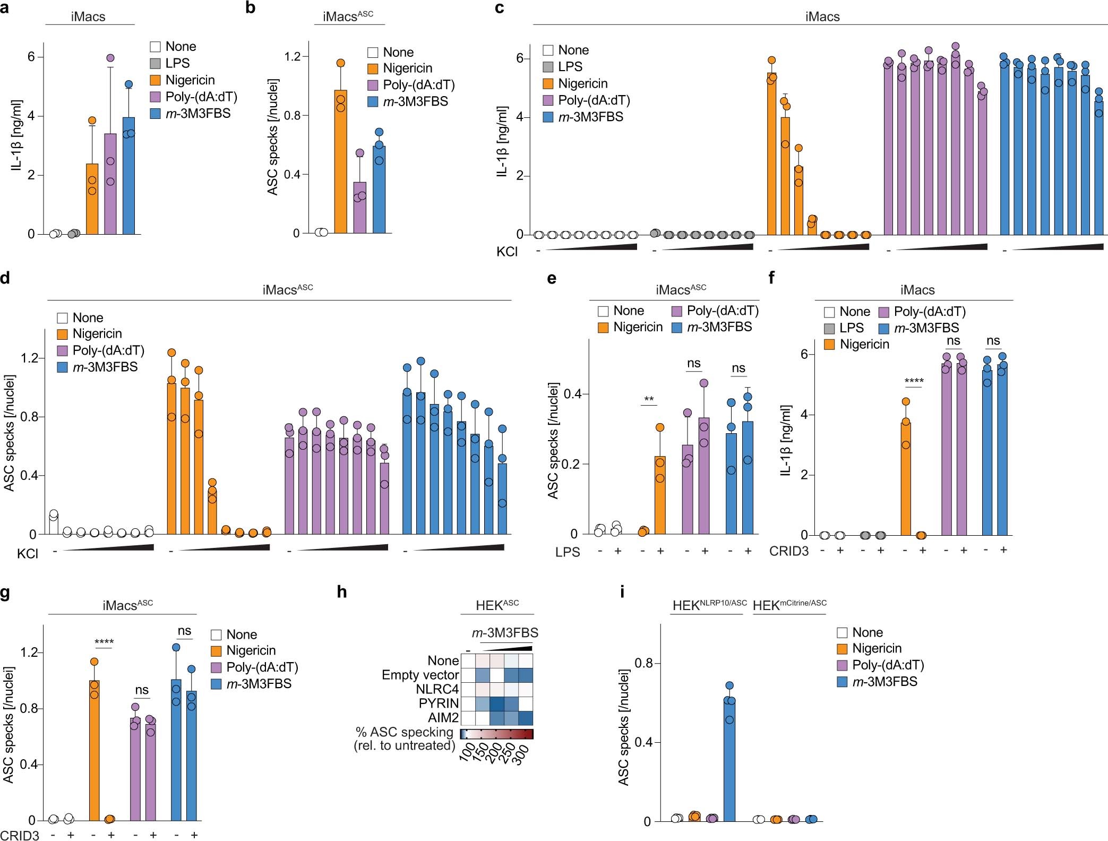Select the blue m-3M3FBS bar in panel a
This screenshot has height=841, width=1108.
128,176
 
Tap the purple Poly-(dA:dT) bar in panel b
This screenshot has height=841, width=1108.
359,208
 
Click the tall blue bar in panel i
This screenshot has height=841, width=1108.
729,760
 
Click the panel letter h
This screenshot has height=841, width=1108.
342,591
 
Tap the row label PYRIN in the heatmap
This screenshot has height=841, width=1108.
439,703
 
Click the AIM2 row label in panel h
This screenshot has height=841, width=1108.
443,718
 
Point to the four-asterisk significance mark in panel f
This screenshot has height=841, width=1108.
914,381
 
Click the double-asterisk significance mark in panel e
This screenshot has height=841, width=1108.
648,399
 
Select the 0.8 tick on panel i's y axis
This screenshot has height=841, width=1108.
642,663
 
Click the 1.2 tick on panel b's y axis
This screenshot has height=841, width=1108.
293,57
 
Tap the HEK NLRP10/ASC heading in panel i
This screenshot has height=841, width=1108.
709,605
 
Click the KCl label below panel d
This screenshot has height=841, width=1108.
28,554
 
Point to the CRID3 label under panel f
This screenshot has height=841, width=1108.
789,551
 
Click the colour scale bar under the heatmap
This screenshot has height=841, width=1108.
496,734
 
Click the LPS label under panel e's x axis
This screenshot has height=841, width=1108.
568,552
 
